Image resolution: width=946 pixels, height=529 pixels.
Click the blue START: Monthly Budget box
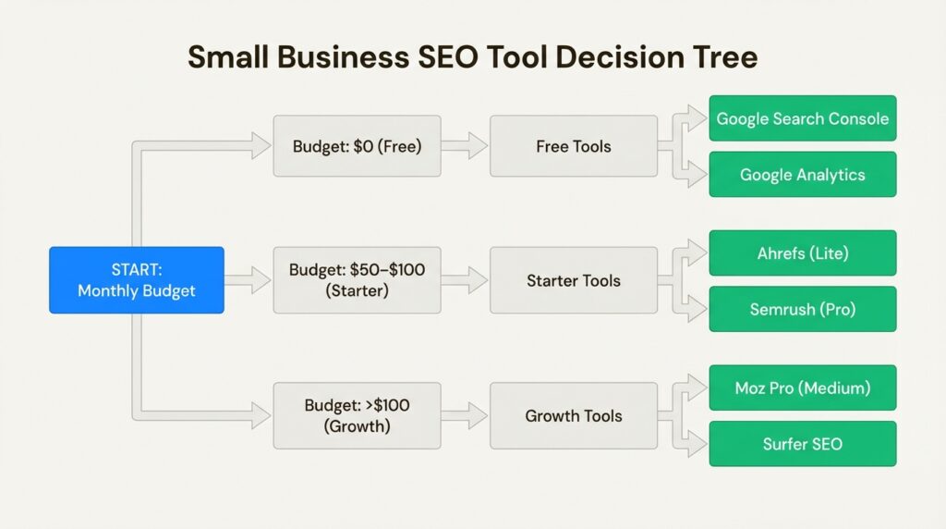click(137, 280)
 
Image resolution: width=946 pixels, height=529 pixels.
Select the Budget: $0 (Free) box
click(358, 146)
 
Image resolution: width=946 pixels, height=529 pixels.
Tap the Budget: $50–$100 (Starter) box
click(358, 280)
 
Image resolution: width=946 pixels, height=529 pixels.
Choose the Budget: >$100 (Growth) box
click(358, 415)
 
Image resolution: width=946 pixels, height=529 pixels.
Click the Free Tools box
click(574, 146)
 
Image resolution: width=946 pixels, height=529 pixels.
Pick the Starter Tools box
click(574, 280)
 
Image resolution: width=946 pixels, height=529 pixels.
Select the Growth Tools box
click(574, 415)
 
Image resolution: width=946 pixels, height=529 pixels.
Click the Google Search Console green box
click(803, 118)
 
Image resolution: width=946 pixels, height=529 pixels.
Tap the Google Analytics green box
click(803, 175)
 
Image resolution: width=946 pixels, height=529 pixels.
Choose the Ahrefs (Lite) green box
click(803, 253)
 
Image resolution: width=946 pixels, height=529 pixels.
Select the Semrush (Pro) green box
click(803, 309)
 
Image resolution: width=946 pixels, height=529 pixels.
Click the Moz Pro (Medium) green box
click(803, 388)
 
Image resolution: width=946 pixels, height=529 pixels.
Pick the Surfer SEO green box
click(803, 444)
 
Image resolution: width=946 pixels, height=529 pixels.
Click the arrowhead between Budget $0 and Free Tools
click(478, 146)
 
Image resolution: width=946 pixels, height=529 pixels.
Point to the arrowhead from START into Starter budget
click(261, 280)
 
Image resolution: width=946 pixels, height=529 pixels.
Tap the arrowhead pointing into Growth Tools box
click(478, 415)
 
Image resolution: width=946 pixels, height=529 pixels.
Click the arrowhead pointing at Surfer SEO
click(697, 444)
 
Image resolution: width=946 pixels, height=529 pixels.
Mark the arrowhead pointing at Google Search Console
click(697, 118)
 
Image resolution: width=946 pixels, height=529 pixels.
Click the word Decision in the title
click(620, 57)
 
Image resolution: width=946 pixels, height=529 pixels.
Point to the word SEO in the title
click(448, 57)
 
